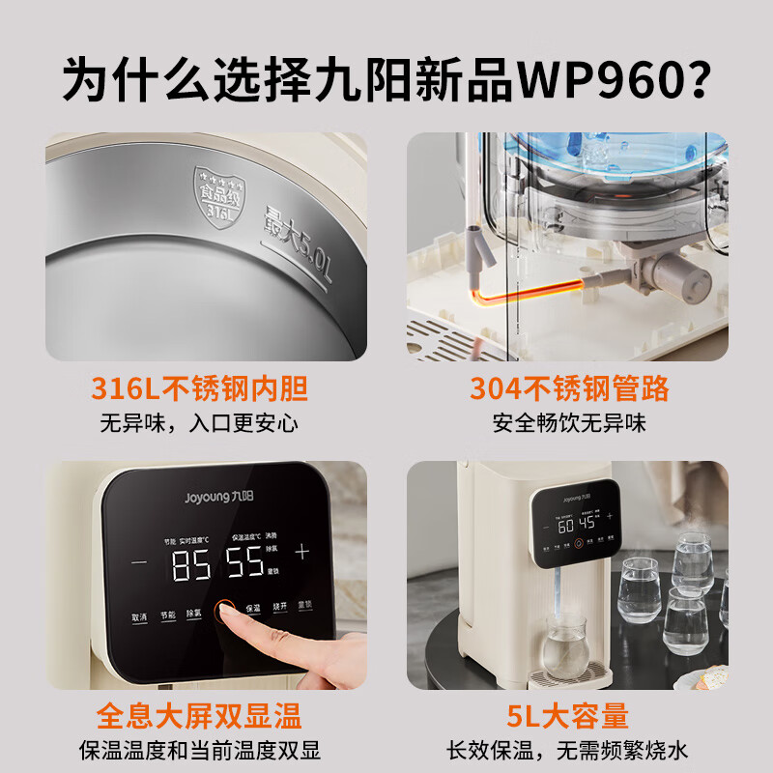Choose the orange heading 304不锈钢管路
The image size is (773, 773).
[x=569, y=388]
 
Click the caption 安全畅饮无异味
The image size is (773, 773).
[x=569, y=422]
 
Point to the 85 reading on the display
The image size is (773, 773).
[x=191, y=565]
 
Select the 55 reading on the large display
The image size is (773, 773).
[x=245, y=565]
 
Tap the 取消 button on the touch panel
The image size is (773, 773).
[x=140, y=616]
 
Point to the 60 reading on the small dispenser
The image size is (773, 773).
[x=565, y=525]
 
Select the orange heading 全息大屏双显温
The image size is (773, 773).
[x=200, y=716]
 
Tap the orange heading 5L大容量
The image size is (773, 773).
[x=569, y=716]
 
